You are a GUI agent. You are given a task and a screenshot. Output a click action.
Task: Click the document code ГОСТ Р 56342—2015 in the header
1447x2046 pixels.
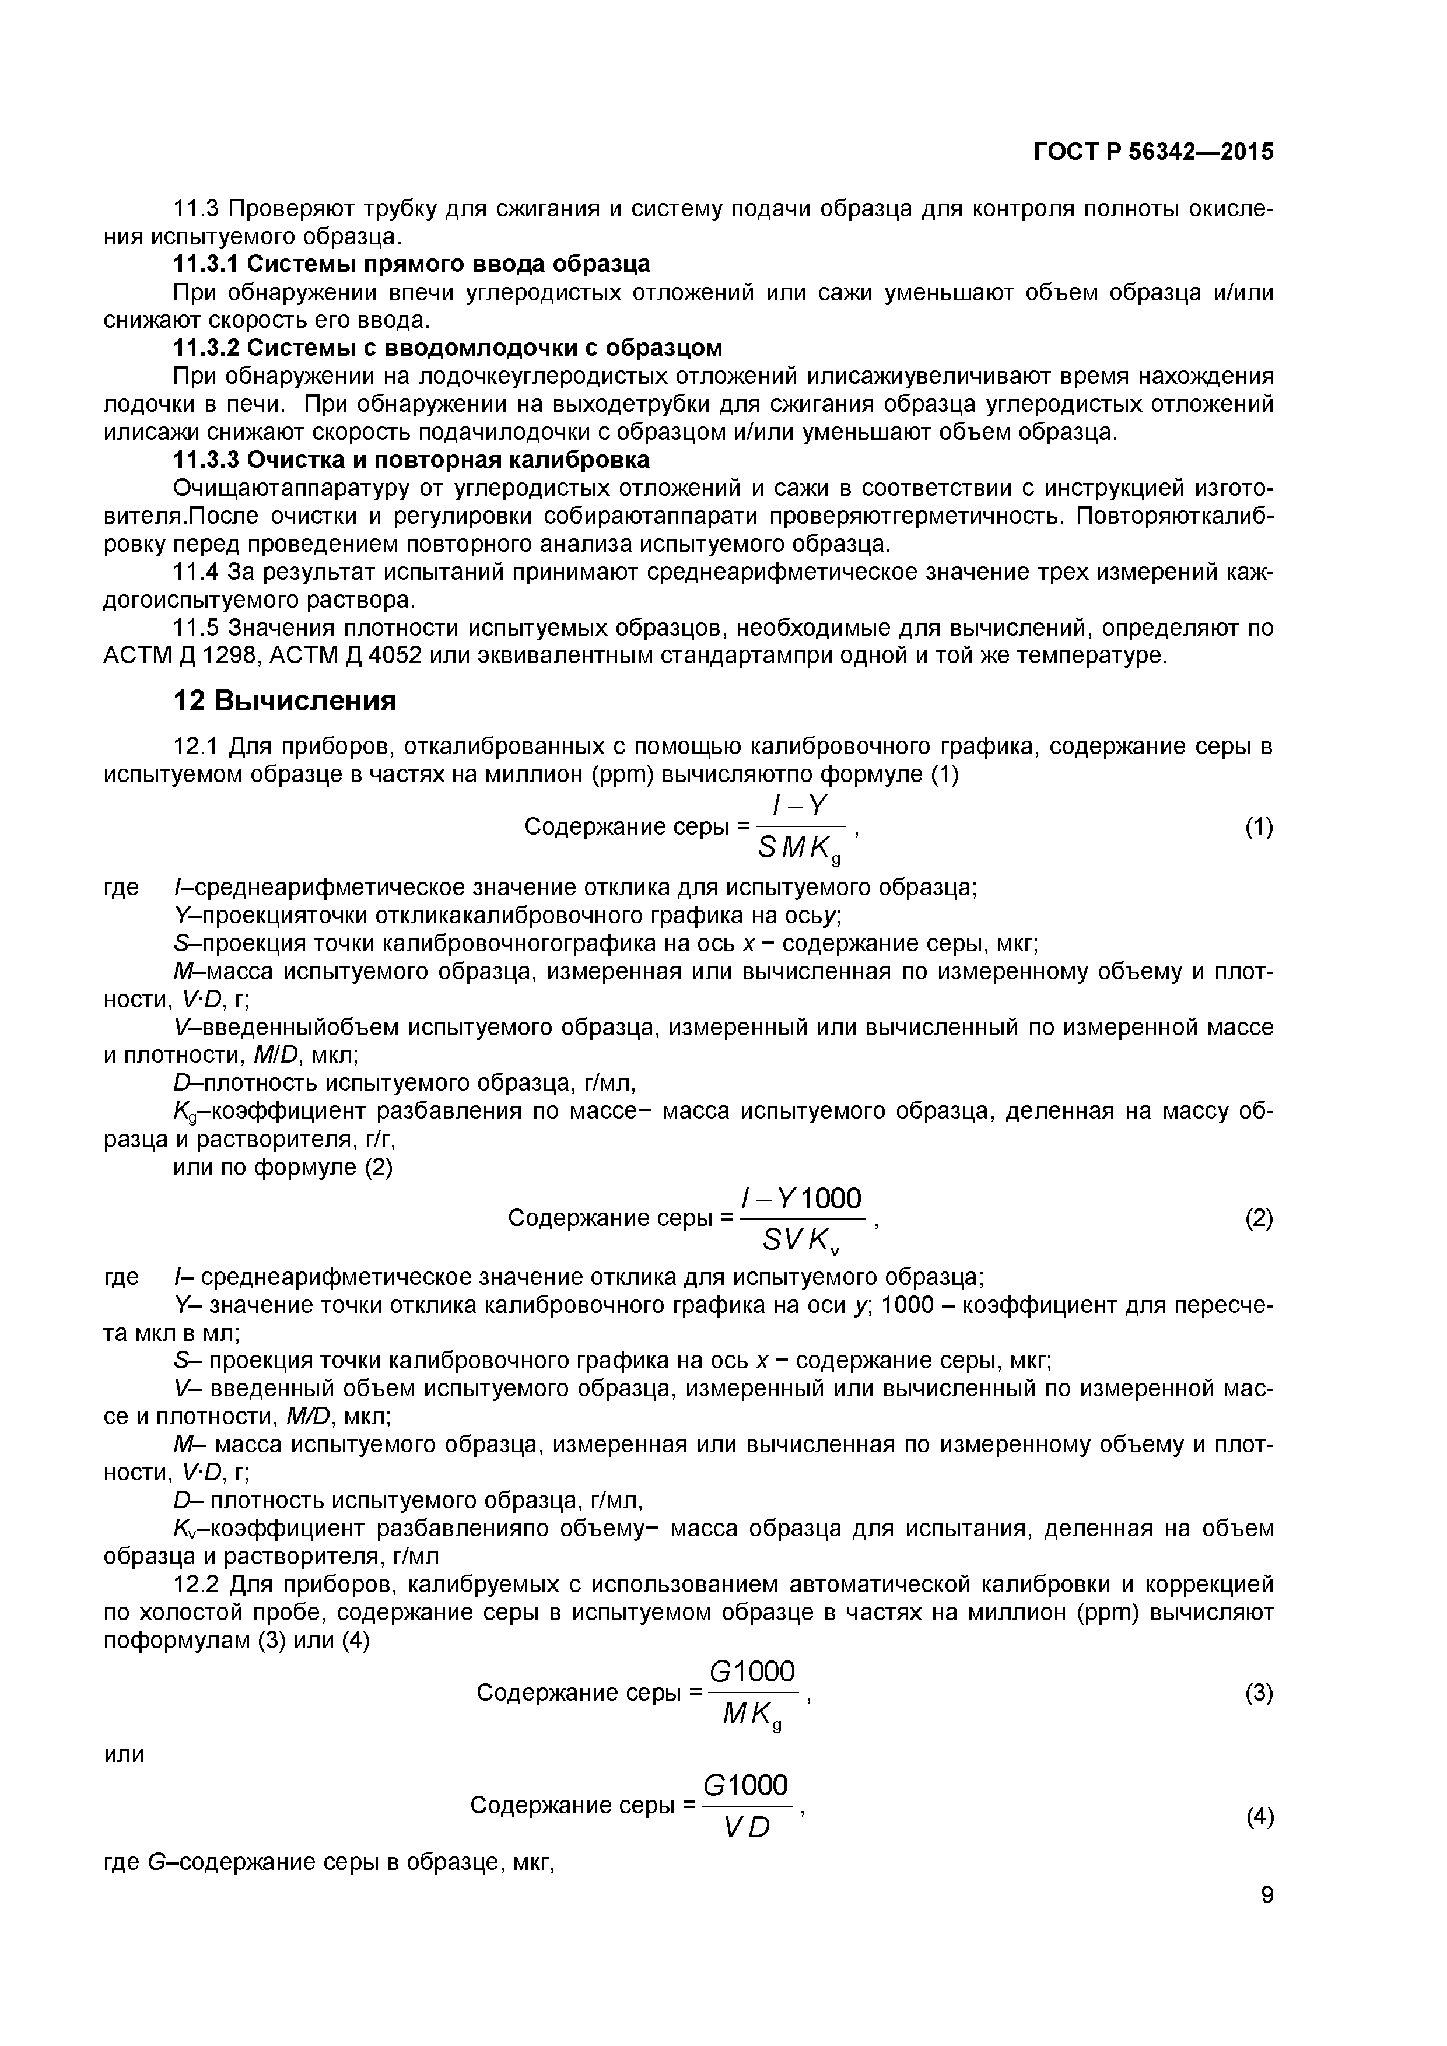pyautogui.click(x=1154, y=152)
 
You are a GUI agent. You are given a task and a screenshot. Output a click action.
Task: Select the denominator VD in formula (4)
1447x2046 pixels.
pyautogui.click(x=747, y=1828)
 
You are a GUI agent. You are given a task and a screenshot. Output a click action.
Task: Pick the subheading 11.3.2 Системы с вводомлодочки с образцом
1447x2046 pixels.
pyautogui.click(x=446, y=348)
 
